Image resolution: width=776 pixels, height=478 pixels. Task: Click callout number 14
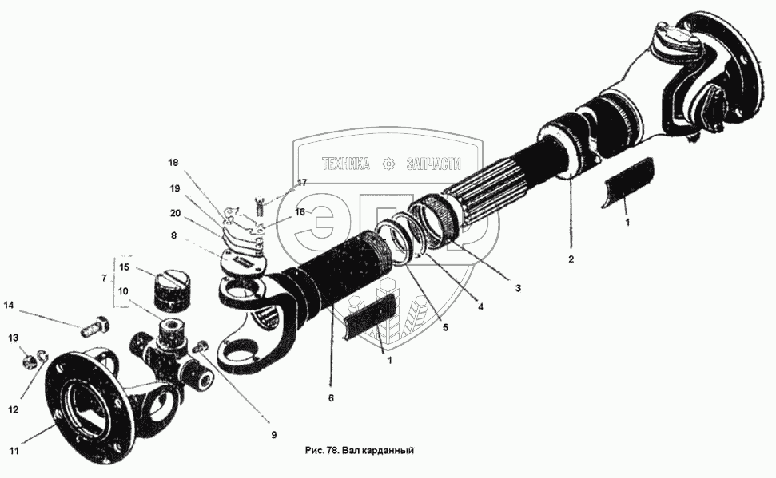point(9,304)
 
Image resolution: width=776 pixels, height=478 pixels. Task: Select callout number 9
point(273,435)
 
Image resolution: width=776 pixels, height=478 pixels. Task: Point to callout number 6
point(331,397)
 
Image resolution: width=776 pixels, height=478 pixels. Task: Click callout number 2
point(571,259)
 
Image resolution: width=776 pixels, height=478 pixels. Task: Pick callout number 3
point(518,288)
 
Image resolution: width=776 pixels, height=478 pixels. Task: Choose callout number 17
point(301,183)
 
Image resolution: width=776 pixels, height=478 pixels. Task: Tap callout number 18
point(173,163)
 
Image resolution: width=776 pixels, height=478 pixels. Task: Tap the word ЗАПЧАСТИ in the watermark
point(434,164)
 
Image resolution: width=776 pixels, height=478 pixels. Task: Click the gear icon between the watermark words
point(389,164)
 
